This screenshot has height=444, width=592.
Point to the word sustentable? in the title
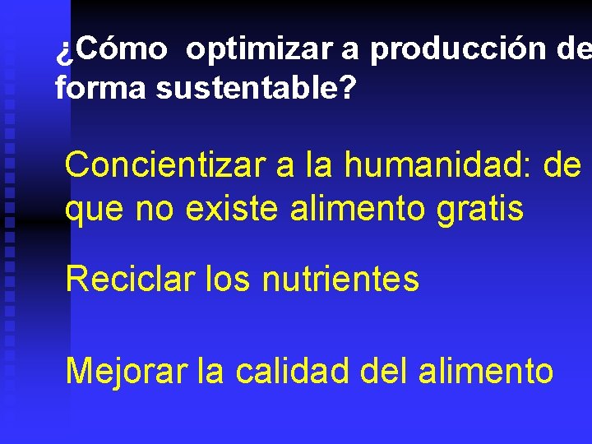click(256, 88)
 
